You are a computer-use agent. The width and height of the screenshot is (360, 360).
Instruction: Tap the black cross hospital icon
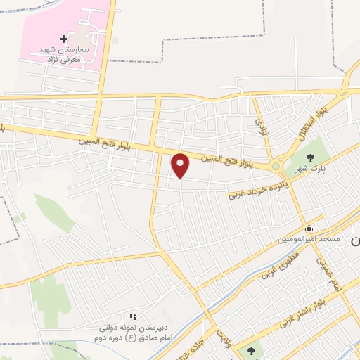tap(64, 38)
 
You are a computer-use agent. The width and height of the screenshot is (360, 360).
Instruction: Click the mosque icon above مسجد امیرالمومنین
tap(309, 229)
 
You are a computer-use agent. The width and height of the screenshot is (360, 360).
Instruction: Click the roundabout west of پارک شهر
tap(276, 167)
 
